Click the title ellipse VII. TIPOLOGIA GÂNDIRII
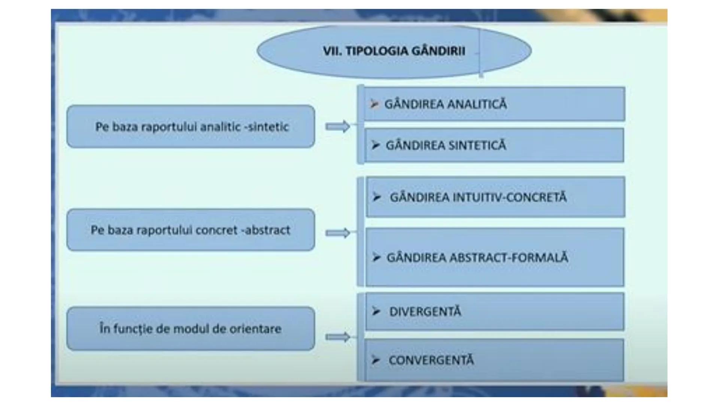coord(394,51)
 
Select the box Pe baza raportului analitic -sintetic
coord(191,127)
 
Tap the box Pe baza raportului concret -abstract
coord(191,230)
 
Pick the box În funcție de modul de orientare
coord(191,329)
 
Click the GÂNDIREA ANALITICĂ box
coord(494,104)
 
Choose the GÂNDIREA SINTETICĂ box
coord(494,145)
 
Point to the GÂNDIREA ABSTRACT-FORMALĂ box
coord(494,257)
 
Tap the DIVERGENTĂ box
coord(494,312)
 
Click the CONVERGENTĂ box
coord(494,360)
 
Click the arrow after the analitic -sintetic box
coord(338,127)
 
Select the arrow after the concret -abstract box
coord(338,233)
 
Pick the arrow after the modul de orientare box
coord(338,337)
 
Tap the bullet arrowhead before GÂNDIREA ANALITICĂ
coord(374,104)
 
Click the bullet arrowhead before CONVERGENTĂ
coord(376,360)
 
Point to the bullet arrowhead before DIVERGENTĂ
coord(376,311)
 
